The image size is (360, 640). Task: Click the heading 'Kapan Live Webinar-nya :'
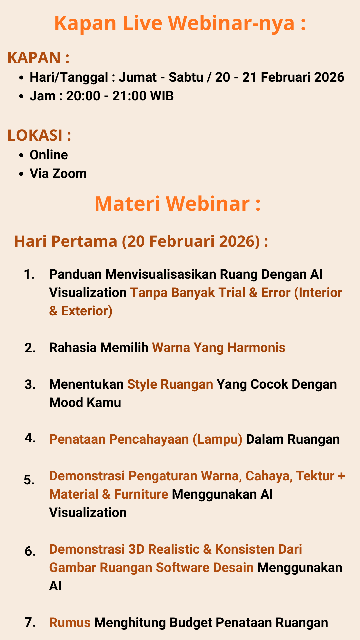pos(180,23)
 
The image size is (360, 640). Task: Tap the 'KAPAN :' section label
pos(38,58)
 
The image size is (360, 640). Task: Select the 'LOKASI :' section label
pos(39,135)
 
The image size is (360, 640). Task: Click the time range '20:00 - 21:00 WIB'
pos(120,96)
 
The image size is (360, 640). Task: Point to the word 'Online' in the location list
pos(49,155)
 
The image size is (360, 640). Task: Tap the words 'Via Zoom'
pos(58,174)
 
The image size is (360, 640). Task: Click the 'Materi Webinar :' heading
pos(178,204)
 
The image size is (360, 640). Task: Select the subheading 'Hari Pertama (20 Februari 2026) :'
pos(141,241)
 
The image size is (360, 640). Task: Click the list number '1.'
pos(29,274)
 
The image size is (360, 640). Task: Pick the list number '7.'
pos(30,622)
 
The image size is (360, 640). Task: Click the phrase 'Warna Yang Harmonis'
pos(219,348)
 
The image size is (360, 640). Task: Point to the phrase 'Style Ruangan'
pos(170,384)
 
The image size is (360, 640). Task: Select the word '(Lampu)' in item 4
pos(217,440)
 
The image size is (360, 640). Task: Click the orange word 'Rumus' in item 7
pos(70,623)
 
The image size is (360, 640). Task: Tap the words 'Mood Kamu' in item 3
pos(85,403)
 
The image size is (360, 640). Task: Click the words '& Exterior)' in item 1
pos(81,311)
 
